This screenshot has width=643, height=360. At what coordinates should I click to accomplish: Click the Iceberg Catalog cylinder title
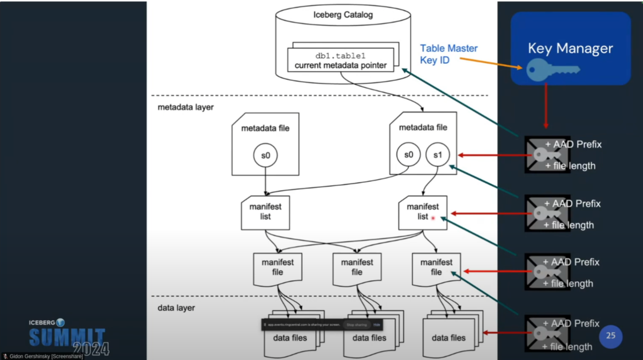point(343,15)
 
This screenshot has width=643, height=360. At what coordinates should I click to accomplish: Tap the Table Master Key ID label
point(448,54)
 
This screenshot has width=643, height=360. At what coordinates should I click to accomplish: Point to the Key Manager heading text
point(570,48)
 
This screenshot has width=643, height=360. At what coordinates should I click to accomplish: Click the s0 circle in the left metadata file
point(265,155)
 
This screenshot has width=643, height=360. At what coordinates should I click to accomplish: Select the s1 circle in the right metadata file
point(437,155)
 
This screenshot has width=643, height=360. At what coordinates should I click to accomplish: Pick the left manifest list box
point(265,212)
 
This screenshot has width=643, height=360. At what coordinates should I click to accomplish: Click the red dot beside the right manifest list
point(433,218)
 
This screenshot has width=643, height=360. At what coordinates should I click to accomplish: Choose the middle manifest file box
point(357,268)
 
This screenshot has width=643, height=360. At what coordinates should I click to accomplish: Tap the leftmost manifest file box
point(278,268)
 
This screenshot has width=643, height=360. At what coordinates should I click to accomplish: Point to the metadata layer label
point(185,107)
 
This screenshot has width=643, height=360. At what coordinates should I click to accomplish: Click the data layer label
point(176,308)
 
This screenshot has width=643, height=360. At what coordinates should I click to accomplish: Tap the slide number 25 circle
point(610,336)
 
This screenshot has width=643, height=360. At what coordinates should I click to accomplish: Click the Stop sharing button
point(356,325)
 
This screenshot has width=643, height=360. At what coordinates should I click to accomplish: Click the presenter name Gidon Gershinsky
point(46,356)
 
